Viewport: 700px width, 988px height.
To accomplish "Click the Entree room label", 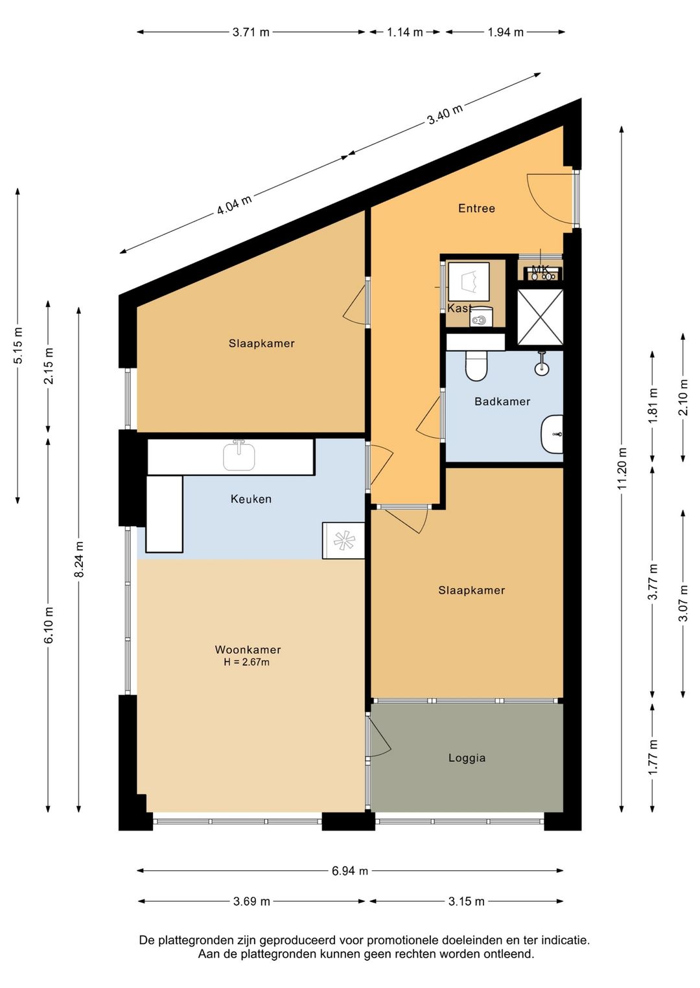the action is [x=476, y=208].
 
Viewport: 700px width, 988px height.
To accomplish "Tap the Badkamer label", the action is [x=502, y=401].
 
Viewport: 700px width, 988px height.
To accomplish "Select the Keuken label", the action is [x=251, y=499].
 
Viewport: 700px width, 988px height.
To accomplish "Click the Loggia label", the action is [x=467, y=758].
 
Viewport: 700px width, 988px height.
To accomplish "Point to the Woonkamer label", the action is [x=248, y=649].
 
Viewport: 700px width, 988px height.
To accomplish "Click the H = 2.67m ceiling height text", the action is [x=246, y=662].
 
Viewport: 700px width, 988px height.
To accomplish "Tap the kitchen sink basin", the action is [x=239, y=456].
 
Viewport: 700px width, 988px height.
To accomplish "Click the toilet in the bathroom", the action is [x=476, y=366].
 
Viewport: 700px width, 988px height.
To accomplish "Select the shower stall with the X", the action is [x=540, y=317].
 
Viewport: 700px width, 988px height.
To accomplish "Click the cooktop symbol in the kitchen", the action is [x=343, y=541].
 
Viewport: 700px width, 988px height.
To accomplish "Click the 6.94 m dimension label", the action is [x=350, y=871].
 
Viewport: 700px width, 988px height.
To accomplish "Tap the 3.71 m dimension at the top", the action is [x=251, y=32].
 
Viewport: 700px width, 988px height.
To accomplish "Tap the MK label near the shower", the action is [x=540, y=269].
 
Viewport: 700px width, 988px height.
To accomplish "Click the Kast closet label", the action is [x=460, y=308].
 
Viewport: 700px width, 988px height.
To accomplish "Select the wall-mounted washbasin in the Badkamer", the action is [x=552, y=434].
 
